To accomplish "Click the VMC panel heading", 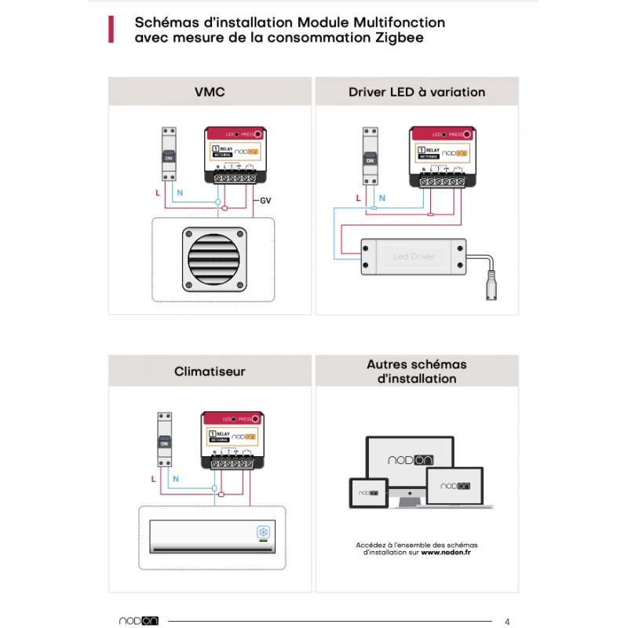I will pos(210,92).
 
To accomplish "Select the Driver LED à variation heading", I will pos(417,92).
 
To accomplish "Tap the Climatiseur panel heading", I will pos(210,371).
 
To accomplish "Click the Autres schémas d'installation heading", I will pos(417,371).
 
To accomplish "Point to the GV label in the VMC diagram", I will pos(266,202).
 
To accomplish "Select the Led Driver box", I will pos(414,257).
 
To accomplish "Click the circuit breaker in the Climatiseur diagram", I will pos(165,440).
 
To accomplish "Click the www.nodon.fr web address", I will pos(447,552).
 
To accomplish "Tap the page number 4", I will pos(507,620).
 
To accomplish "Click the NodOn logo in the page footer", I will pos(139,620).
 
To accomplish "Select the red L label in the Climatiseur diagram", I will pos(153,478).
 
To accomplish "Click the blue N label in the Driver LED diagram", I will pos(382,198).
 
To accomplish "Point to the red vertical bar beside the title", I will pos(111,30).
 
